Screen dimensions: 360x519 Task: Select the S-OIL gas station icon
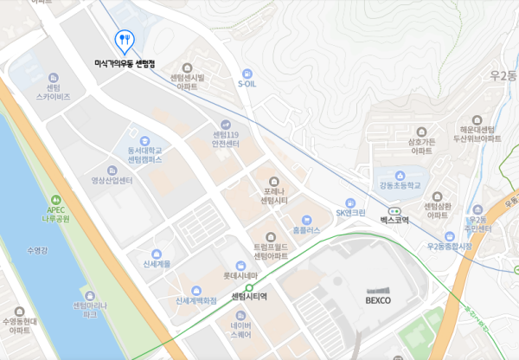(248, 73)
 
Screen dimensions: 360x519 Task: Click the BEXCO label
(378, 300)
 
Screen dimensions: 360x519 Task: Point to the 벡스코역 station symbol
(394, 210)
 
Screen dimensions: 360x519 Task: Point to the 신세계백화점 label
(205, 301)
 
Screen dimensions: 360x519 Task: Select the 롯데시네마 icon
(240, 265)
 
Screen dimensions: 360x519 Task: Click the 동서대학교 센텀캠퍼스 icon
(144, 138)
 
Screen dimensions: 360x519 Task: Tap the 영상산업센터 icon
(112, 170)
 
